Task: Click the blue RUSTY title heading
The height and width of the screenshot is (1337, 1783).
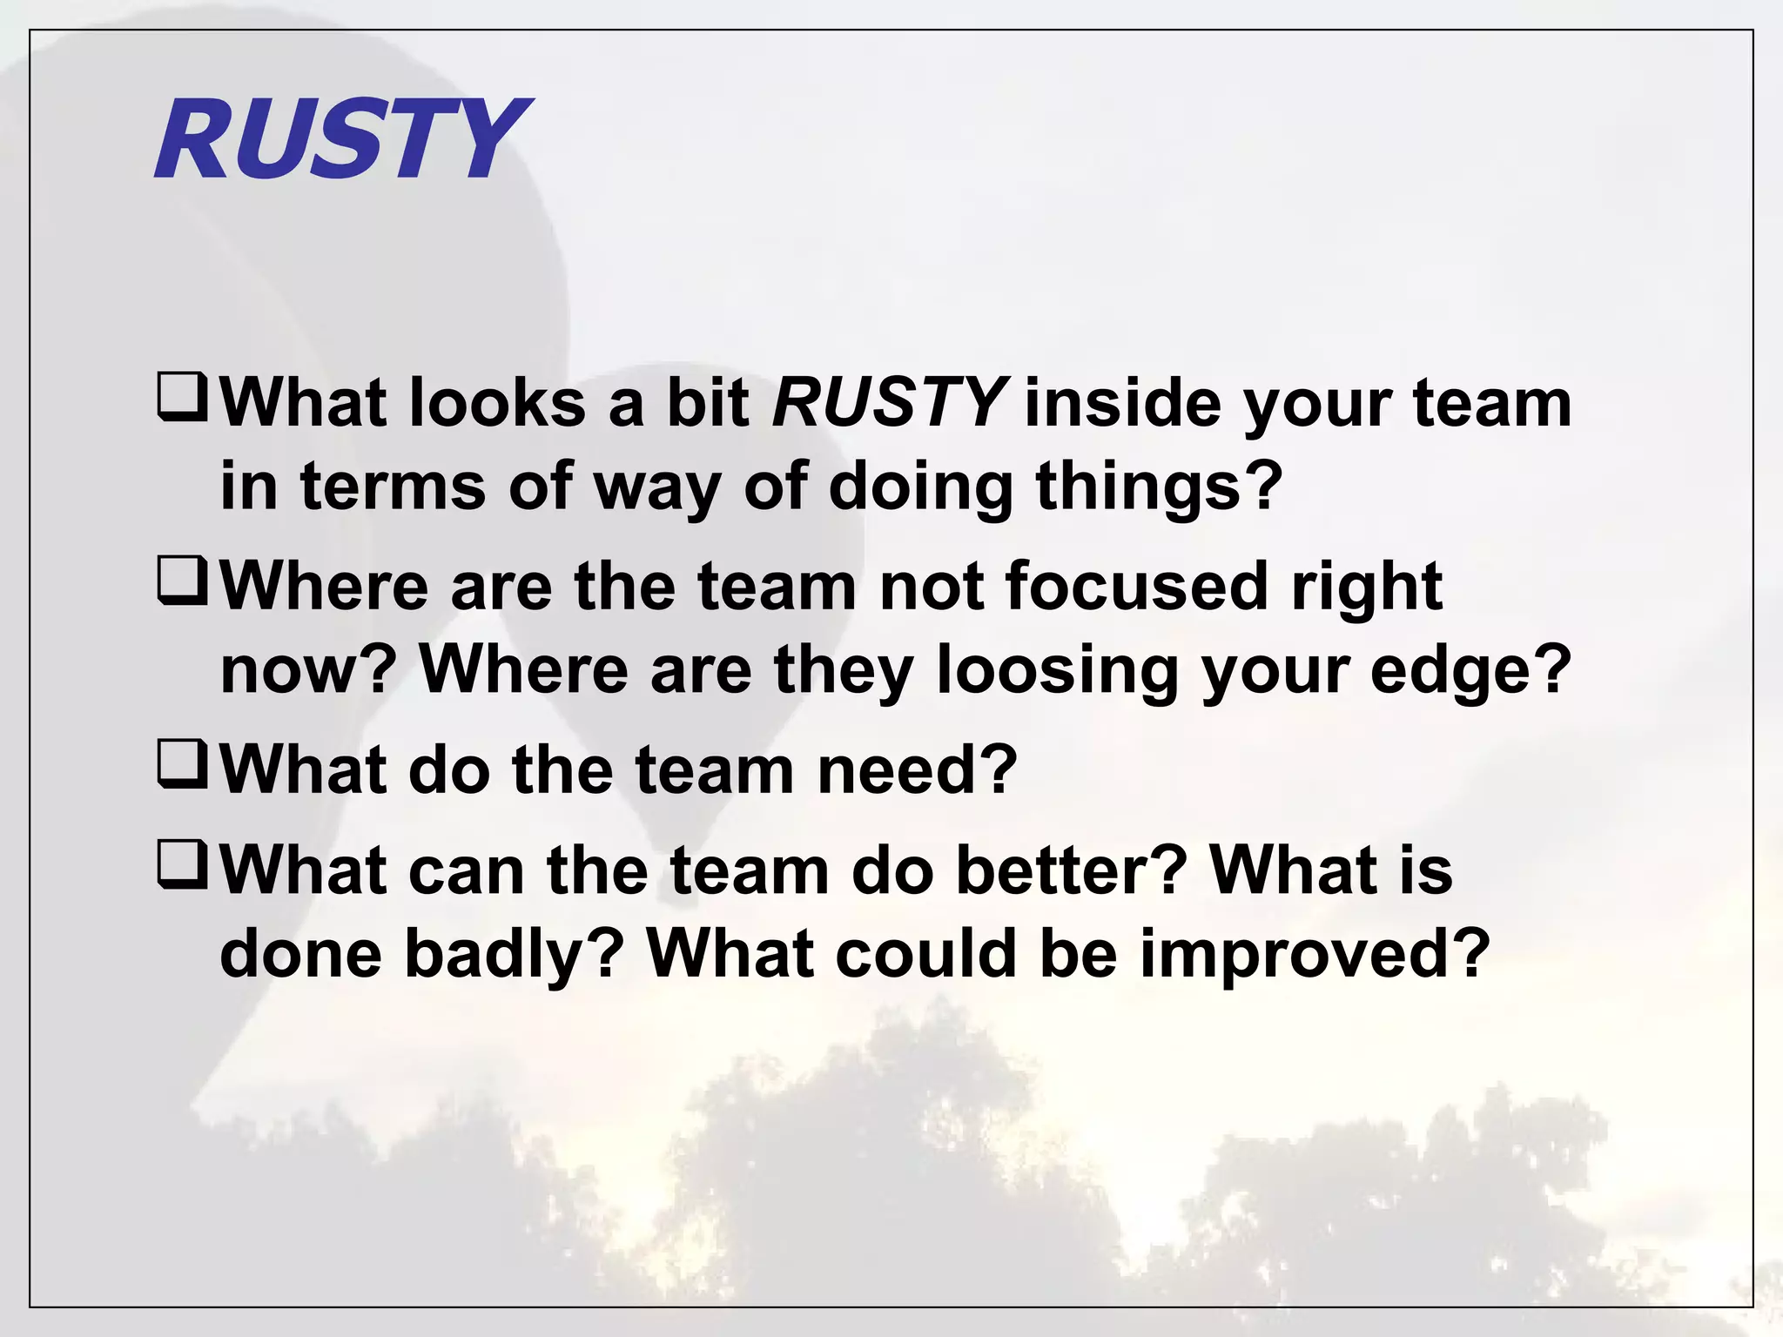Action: pyautogui.click(x=341, y=139)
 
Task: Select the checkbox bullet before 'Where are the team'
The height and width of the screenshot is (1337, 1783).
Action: pyautogui.click(x=182, y=581)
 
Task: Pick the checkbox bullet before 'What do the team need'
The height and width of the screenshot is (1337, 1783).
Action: pyautogui.click(x=182, y=764)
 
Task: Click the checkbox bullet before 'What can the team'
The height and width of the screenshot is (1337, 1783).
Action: pyautogui.click(x=182, y=864)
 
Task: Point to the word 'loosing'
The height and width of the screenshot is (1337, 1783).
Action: pyautogui.click(x=1057, y=670)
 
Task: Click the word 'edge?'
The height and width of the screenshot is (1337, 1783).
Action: pyautogui.click(x=1471, y=670)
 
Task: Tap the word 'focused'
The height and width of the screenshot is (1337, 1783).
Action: pyautogui.click(x=1136, y=586)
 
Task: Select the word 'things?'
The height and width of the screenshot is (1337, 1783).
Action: pyautogui.click(x=1159, y=487)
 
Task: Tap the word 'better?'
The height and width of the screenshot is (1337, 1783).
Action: pyautogui.click(x=1072, y=870)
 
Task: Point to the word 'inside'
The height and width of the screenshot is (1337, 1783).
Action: pyautogui.click(x=1122, y=404)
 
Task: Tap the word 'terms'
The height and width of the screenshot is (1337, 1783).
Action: pyautogui.click(x=393, y=487)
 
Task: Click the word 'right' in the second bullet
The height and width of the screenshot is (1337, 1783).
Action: pyautogui.click(x=1366, y=588)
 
